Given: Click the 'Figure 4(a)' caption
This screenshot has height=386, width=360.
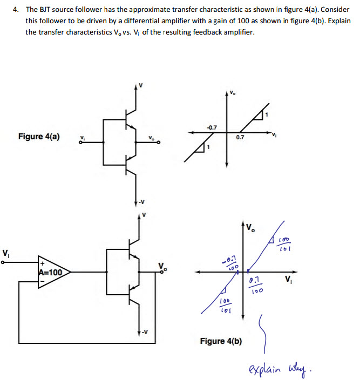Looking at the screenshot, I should pos(38,136).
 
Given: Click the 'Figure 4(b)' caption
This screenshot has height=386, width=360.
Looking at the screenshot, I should pos(221,341).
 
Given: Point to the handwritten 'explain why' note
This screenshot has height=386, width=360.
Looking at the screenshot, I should pos(288,371).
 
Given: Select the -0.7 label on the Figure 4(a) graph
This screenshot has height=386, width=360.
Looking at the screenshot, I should pos(212,127).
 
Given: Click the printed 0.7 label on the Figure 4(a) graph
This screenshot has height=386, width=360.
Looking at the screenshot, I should pos(240,138).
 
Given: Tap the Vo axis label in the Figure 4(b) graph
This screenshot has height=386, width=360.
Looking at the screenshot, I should pos(252,228).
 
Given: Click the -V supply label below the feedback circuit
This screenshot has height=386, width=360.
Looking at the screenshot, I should pos(141,331).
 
